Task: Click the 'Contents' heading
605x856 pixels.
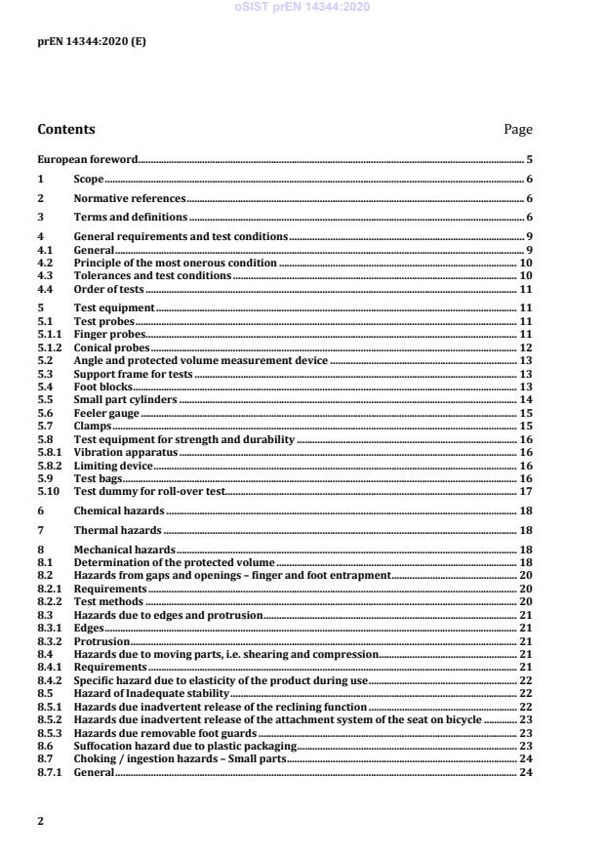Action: pos(66,129)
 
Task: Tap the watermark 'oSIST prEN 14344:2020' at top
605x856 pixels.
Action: pos(302,8)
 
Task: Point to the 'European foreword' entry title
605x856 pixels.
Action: pos(87,159)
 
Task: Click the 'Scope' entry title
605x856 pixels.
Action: pos(89,180)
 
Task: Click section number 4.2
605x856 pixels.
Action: pos(45,264)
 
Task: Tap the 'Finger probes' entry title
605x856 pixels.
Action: pos(104,334)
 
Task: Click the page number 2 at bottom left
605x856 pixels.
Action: pos(40,821)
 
